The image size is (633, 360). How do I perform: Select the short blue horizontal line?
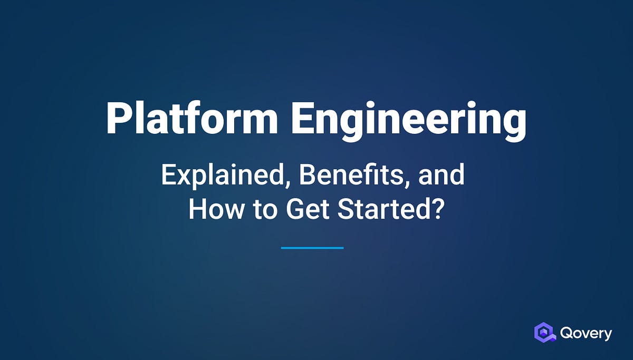312,247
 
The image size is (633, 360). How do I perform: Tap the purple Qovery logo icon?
545,333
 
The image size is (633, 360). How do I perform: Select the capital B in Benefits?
306,175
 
